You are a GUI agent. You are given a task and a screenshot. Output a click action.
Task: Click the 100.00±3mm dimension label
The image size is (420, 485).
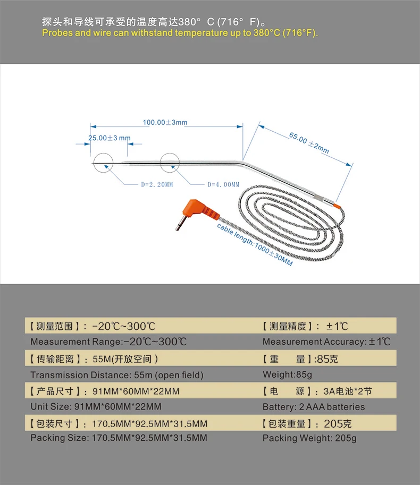(165, 123)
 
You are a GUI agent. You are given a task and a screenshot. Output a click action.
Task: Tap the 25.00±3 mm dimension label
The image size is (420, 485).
(110, 138)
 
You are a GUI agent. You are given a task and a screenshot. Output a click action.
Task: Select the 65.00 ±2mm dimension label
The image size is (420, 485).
(309, 142)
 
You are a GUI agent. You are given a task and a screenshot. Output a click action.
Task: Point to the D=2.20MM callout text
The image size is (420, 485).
(157, 185)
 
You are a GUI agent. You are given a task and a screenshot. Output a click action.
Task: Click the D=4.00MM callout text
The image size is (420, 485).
(223, 185)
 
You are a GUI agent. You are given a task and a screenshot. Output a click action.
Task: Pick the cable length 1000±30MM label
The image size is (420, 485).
(255, 245)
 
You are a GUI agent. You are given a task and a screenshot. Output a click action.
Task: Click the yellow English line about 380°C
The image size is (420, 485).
(180, 33)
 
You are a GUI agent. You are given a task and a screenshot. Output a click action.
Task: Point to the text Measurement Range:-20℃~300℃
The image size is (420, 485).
(108, 342)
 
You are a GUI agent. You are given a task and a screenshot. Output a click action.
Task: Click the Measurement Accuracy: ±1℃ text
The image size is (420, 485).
(326, 342)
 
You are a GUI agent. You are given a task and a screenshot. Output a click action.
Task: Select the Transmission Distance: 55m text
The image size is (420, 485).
(117, 375)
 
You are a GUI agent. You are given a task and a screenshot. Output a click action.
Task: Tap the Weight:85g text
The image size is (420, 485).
(287, 375)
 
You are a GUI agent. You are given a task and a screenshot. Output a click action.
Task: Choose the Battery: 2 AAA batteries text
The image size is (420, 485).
(314, 407)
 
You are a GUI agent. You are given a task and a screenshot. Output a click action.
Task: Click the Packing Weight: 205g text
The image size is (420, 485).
(309, 438)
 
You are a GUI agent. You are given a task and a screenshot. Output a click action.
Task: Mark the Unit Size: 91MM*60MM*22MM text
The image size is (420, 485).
(96, 406)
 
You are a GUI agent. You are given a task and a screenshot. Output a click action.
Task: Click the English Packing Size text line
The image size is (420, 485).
(119, 438)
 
